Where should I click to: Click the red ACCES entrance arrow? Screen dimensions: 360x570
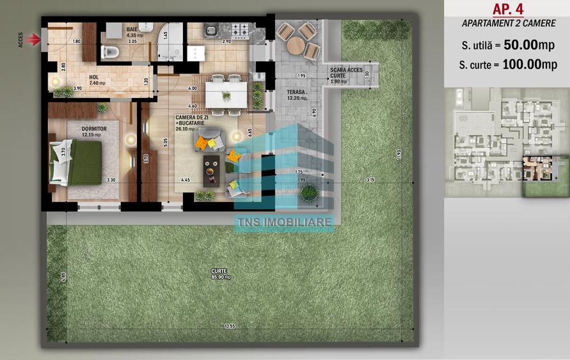coord(35,40)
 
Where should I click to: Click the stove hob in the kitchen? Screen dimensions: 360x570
coord(239,29)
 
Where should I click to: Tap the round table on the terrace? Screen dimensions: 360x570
coord(296,45)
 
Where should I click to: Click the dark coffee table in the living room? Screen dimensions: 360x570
coord(210,169)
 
